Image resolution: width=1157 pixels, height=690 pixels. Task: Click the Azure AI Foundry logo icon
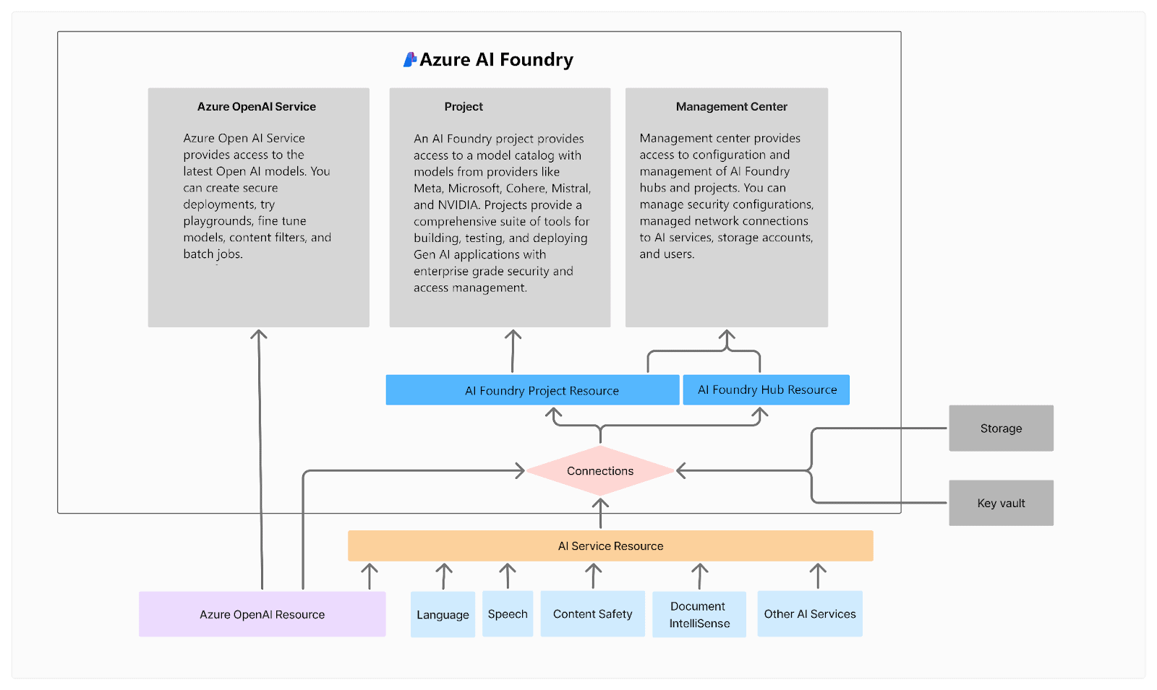[410, 60]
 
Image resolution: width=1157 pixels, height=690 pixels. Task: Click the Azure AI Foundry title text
[496, 60]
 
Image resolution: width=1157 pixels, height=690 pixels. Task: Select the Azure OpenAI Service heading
[257, 107]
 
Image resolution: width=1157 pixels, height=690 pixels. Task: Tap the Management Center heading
[731, 107]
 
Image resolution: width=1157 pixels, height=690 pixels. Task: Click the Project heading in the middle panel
[464, 107]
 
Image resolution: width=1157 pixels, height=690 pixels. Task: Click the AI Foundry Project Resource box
[532, 390]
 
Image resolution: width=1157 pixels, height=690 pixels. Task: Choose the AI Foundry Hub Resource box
[766, 389]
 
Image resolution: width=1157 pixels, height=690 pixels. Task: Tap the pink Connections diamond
[600, 471]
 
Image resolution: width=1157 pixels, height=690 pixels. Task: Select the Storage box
[1001, 428]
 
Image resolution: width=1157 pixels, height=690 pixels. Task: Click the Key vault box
[1001, 503]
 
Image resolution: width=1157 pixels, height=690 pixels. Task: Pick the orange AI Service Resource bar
[610, 546]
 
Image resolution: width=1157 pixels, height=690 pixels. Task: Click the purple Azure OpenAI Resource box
[262, 614]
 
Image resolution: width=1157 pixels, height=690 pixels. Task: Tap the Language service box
[443, 614]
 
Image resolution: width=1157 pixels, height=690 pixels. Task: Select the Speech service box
[508, 614]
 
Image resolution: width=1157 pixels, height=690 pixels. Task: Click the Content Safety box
[592, 614]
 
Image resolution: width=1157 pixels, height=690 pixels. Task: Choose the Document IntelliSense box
[699, 614]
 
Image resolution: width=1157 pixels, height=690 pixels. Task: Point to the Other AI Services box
[809, 614]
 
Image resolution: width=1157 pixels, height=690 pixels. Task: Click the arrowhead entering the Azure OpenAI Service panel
[259, 335]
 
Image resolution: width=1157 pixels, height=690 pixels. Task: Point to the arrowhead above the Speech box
[508, 569]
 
